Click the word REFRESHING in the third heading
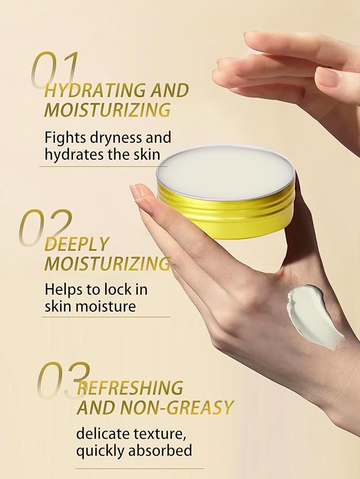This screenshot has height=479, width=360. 130,388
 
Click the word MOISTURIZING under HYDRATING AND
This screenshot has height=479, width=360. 107,110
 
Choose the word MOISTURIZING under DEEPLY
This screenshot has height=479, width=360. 107,264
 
